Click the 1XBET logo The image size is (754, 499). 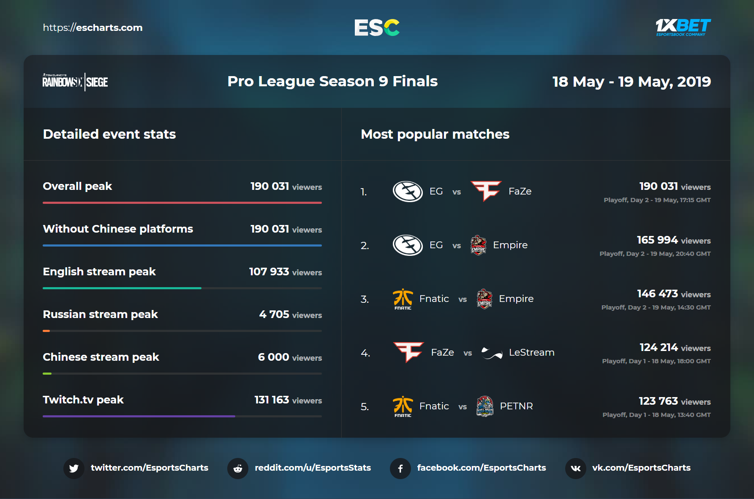click(x=683, y=27)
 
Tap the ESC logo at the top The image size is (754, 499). click(x=377, y=27)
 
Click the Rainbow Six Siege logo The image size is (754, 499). click(x=75, y=81)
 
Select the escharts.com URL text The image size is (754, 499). click(x=93, y=27)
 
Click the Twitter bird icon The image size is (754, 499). click(x=74, y=468)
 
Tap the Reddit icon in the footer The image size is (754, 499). click(x=238, y=468)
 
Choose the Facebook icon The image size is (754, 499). click(x=400, y=468)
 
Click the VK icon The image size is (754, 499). click(x=575, y=468)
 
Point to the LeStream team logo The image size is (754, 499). click(x=492, y=353)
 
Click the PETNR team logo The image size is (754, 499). click(x=485, y=406)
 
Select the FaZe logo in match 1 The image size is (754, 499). click(x=486, y=191)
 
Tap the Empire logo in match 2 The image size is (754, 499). click(x=478, y=245)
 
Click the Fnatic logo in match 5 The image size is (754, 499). click(x=403, y=406)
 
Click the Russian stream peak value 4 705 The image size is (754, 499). click(x=274, y=314)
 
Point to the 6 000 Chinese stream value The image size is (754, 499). click(x=273, y=357)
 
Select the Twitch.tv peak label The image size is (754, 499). click(x=83, y=400)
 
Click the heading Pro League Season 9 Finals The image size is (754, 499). click(x=332, y=81)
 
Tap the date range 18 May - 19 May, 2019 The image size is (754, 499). click(x=632, y=82)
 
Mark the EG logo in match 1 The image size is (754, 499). click(x=408, y=192)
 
